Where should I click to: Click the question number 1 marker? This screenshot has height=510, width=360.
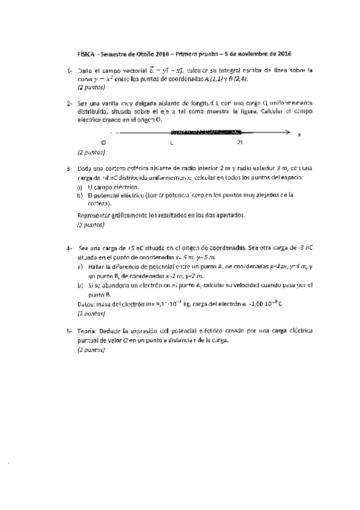[70, 71]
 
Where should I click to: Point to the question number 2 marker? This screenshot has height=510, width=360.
[70, 103]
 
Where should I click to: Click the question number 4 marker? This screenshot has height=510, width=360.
[70, 247]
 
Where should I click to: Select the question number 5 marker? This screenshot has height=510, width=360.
[70, 330]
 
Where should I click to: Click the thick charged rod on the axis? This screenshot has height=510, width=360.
[207, 132]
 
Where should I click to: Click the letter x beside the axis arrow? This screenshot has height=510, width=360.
[299, 134]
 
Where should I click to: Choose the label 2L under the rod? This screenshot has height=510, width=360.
[241, 143]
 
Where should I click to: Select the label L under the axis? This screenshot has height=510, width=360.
[172, 143]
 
